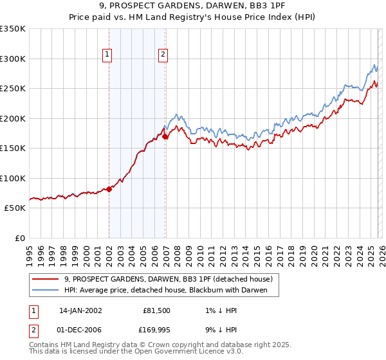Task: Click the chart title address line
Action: [x=193, y=6]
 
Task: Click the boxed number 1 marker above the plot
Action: [x=107, y=55]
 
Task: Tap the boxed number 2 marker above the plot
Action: [x=163, y=55]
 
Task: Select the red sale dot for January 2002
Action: [x=109, y=189]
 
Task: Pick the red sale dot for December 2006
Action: [x=165, y=136]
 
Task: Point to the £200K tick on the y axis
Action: [x=13, y=118]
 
